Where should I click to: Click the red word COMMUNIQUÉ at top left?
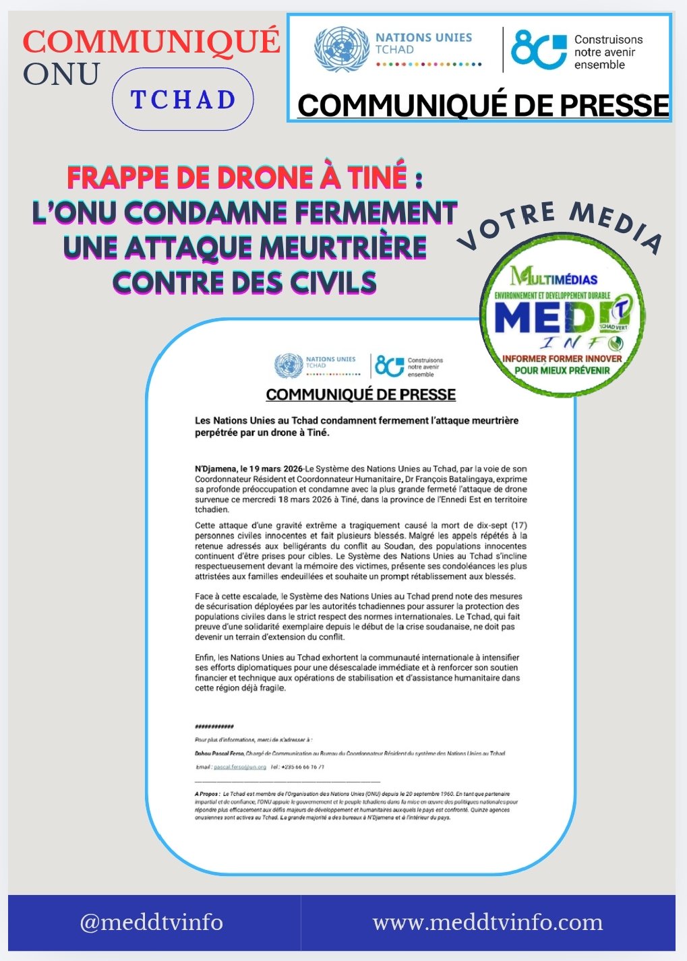pos(151,41)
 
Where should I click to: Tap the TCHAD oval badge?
pos(183,100)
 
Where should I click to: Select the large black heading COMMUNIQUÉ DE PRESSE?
pos(483,106)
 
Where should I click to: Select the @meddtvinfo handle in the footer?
pos(151,922)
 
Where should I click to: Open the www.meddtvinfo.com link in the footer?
pos(487,922)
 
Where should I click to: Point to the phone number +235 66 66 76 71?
pos(297,767)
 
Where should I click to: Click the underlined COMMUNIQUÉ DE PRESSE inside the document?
pos(361,395)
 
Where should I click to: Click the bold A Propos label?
pos(206,795)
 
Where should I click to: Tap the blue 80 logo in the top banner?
pos(538,50)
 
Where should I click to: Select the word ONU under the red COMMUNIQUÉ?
pos(61,74)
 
